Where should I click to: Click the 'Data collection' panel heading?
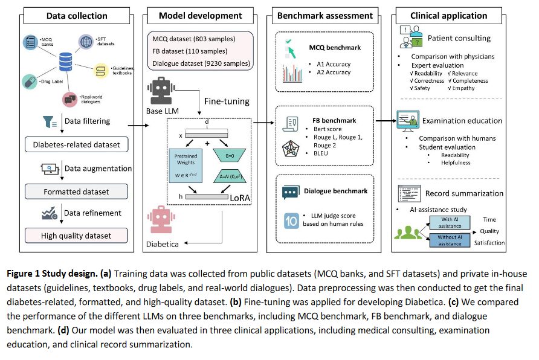tap(77, 16)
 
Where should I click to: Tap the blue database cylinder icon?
tap(65, 62)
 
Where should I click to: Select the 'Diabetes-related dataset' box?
tap(76, 144)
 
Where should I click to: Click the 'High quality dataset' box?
tap(76, 236)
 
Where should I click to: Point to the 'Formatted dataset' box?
tap(76, 191)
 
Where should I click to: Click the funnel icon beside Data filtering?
tap(50, 122)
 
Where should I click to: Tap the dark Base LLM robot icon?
tap(161, 91)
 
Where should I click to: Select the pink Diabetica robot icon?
tap(161, 220)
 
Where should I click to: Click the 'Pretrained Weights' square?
tap(186, 166)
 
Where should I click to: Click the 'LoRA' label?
tap(240, 198)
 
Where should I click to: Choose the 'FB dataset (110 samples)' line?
tap(190, 51)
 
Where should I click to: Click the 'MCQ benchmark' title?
tap(335, 48)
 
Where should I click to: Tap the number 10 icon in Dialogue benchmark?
tap(291, 220)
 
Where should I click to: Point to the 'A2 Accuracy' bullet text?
tap(334, 72)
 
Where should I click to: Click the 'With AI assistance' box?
tap(450, 223)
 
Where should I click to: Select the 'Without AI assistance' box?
tap(450, 240)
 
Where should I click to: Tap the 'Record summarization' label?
tap(464, 193)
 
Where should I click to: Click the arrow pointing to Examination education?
tap(386, 121)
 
